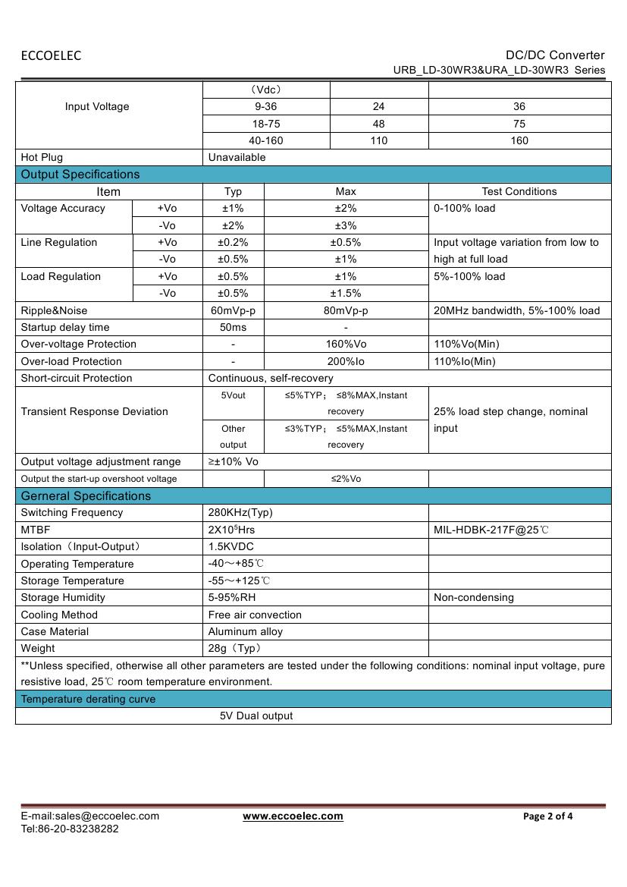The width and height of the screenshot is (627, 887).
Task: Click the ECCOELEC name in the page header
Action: (51, 55)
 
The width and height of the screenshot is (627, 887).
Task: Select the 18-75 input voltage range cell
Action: (265, 124)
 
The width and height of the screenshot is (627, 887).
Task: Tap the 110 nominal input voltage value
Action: (378, 140)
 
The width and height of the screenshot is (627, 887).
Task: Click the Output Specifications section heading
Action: (80, 175)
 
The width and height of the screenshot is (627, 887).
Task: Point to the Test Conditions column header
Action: (519, 192)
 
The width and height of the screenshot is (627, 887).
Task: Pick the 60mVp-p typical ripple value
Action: (233, 310)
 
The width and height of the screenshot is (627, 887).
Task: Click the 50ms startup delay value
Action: (233, 327)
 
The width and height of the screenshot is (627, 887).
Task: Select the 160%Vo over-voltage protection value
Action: (346, 344)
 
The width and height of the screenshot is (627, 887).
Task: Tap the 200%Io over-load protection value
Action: (346, 361)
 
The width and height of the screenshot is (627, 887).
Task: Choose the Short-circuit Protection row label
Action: (77, 378)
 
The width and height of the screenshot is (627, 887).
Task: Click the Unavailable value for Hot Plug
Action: (237, 157)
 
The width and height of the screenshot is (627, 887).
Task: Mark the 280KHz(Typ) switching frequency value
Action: (240, 512)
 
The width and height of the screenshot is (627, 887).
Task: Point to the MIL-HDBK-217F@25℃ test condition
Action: (491, 530)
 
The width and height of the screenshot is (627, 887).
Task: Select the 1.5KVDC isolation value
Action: (230, 546)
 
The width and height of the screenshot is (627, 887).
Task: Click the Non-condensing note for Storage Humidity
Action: (474, 597)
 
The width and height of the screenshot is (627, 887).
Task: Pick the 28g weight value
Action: (234, 648)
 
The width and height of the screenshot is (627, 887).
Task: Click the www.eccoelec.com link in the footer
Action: (293, 816)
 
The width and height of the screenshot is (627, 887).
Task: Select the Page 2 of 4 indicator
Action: (548, 816)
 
